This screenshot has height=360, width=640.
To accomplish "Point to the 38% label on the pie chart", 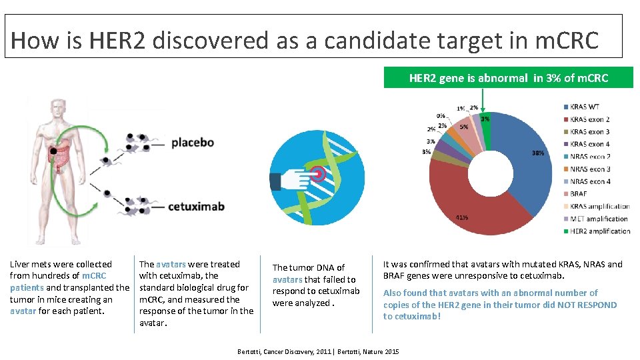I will click(x=537, y=153).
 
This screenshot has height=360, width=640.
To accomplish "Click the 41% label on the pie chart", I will click(x=461, y=217).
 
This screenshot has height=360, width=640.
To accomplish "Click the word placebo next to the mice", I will click(x=192, y=142).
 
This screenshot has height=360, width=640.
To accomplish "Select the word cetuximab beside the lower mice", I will click(x=196, y=207).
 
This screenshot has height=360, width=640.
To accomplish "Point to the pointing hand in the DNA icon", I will click(x=290, y=181).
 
